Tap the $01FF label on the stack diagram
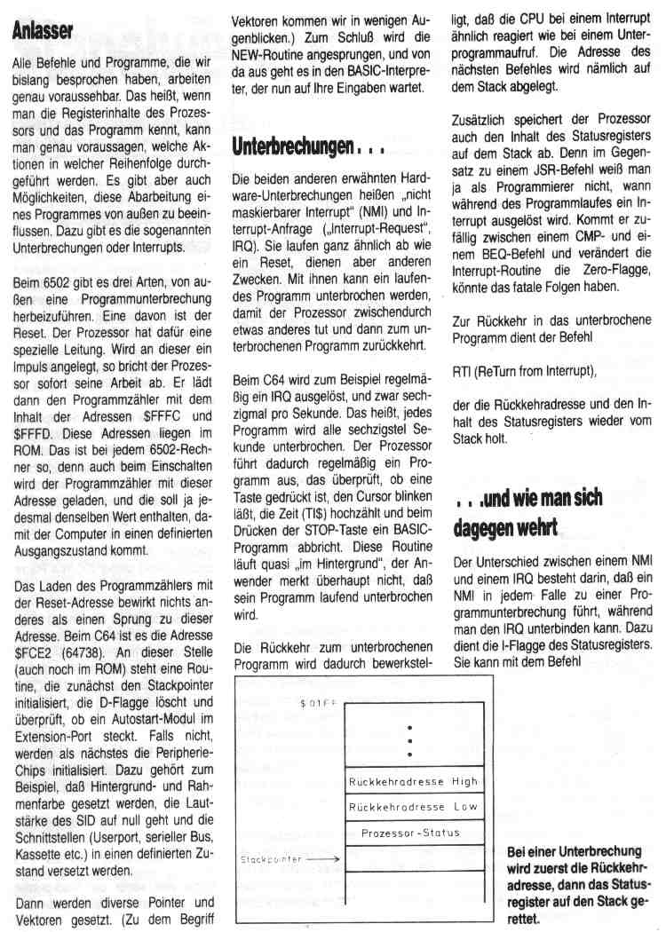pos(318,703)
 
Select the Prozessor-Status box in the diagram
pos(412,833)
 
